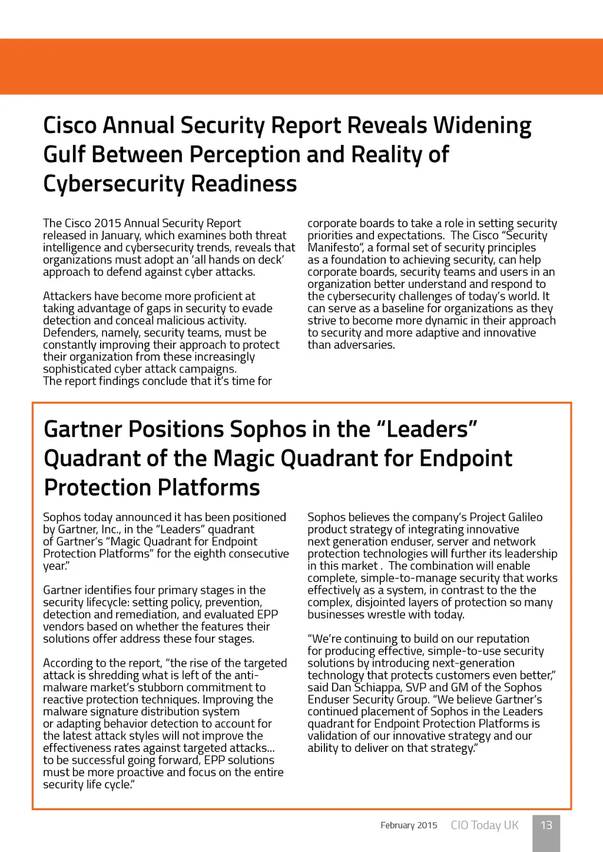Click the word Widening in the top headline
point(482,126)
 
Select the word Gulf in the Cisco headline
point(64,155)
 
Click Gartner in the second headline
point(83,429)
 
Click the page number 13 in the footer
point(546,825)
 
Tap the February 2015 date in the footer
point(409,826)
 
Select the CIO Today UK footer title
point(485,826)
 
